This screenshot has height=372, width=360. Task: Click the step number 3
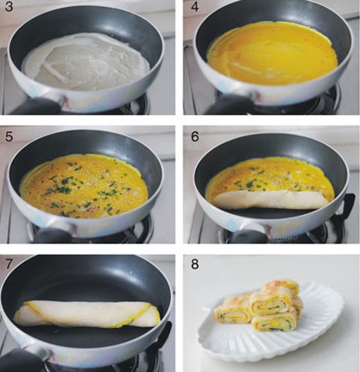[9, 7]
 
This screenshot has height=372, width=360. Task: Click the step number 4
[195, 7]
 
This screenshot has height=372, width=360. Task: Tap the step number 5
[9, 136]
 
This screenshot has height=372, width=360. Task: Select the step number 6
[195, 136]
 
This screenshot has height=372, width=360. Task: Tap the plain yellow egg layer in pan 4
[272, 54]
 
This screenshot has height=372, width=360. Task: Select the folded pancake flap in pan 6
[270, 199]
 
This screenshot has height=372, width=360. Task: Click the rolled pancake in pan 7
[86, 314]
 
